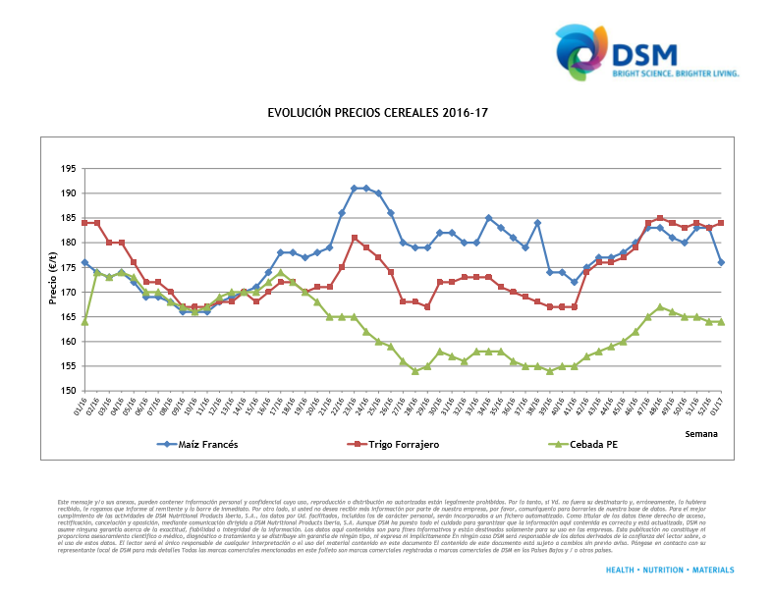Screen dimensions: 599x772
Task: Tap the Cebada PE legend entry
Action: pyautogui.click(x=588, y=444)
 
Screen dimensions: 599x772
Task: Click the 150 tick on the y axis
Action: pyautogui.click(x=69, y=391)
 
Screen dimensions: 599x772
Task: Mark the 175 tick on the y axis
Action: pyautogui.click(x=69, y=267)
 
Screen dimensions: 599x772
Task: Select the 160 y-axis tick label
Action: pyautogui.click(x=69, y=342)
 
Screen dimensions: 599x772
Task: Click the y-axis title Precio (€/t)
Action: pyautogui.click(x=55, y=280)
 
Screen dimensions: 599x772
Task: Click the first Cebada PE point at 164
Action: pyautogui.click(x=84, y=321)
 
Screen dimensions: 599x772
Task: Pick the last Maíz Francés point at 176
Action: pyautogui.click(x=721, y=262)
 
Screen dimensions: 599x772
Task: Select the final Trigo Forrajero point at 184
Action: pyautogui.click(x=721, y=223)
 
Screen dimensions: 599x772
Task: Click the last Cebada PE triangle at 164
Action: pyautogui.click(x=721, y=321)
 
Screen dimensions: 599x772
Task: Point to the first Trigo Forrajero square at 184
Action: pyautogui.click(x=84, y=223)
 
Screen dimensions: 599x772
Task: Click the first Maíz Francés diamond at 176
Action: pyautogui.click(x=84, y=262)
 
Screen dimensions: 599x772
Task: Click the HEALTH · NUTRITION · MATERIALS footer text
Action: pyautogui.click(x=670, y=570)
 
